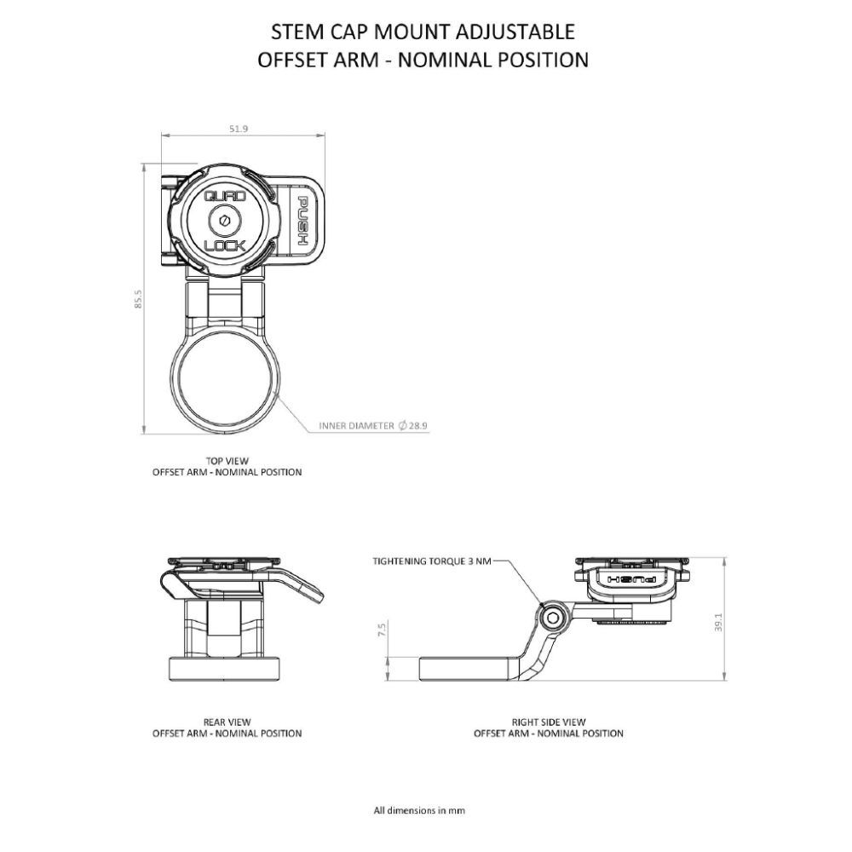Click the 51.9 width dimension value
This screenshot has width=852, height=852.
point(239,129)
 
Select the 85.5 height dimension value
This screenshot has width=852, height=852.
point(138,299)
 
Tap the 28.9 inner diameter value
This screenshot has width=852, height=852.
point(417,425)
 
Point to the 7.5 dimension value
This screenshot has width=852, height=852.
point(382,630)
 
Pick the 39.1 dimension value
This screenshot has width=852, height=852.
point(718,622)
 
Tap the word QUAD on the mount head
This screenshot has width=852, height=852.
point(224,196)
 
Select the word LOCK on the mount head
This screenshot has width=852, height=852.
point(225,245)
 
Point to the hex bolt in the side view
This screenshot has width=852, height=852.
point(553,619)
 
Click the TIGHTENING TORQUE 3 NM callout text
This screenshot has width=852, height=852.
point(431,561)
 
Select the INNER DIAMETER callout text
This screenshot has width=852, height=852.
point(356,425)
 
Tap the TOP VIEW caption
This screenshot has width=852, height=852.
point(227,461)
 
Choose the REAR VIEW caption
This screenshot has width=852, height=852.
point(227,722)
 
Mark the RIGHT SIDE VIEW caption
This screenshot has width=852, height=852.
point(549,722)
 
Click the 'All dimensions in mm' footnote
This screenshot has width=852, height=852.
point(419,810)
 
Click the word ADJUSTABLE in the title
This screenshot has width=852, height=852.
point(515,32)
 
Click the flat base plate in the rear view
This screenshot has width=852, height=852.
point(226,669)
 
